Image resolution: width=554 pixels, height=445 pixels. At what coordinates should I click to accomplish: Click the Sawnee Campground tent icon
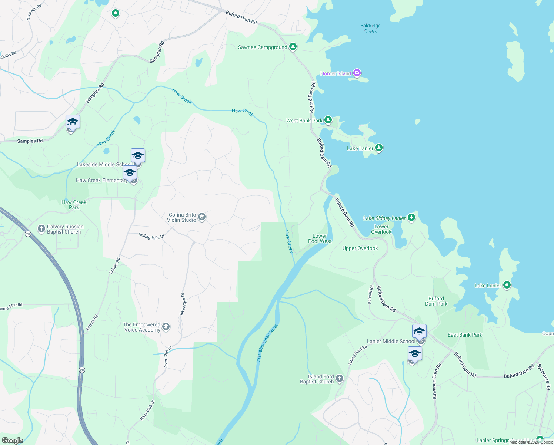(293, 47)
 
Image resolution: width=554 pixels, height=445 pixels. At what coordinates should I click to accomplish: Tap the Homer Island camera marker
(357, 73)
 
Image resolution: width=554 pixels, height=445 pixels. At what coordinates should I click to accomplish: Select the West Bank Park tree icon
(328, 120)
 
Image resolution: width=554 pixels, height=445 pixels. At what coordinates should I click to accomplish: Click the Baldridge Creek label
(370, 28)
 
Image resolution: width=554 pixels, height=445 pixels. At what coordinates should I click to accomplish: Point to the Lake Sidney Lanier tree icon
(411, 218)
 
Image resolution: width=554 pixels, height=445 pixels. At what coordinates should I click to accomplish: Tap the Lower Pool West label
(320, 238)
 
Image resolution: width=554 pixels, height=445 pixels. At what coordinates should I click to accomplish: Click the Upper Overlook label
(360, 248)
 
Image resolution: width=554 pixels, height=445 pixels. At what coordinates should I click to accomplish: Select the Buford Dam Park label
(436, 301)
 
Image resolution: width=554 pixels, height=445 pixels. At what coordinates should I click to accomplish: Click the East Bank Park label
(465, 335)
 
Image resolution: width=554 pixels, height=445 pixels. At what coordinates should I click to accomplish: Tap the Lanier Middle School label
(391, 341)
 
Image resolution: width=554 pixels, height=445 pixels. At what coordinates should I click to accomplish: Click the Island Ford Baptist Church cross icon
(340, 379)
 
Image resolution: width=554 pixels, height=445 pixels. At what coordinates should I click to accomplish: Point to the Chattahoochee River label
(267, 344)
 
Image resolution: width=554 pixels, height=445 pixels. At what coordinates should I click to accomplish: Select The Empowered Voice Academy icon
(166, 327)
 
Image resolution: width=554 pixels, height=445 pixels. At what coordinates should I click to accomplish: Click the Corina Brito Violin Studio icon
(202, 217)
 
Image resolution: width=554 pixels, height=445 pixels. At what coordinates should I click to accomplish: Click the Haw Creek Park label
(74, 205)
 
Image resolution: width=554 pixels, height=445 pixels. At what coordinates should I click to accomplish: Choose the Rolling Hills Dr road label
(151, 236)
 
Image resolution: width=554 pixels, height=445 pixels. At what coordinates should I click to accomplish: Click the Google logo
(13, 441)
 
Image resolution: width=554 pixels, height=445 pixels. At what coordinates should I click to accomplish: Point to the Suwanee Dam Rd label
(437, 381)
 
